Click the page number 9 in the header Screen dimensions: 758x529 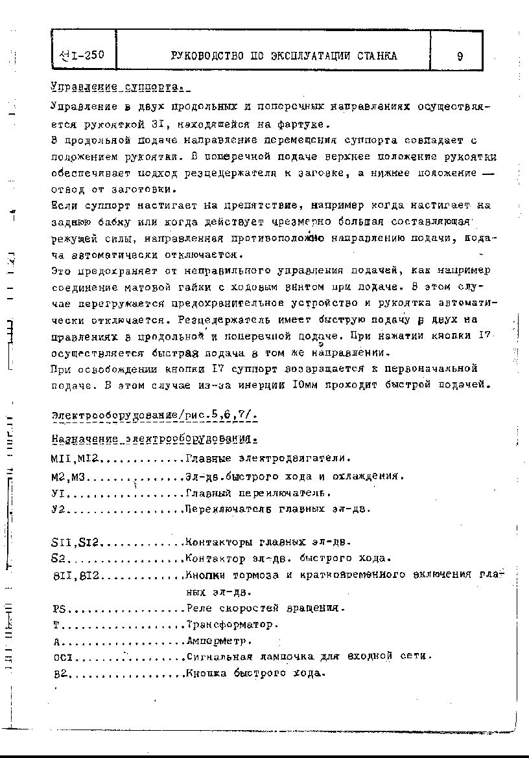point(459,56)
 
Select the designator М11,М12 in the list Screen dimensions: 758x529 point(73,459)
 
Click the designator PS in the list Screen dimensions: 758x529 point(59,608)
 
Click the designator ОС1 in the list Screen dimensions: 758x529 point(64,657)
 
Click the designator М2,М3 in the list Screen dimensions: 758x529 point(69,476)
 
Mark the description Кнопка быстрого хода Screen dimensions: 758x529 point(254,673)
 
